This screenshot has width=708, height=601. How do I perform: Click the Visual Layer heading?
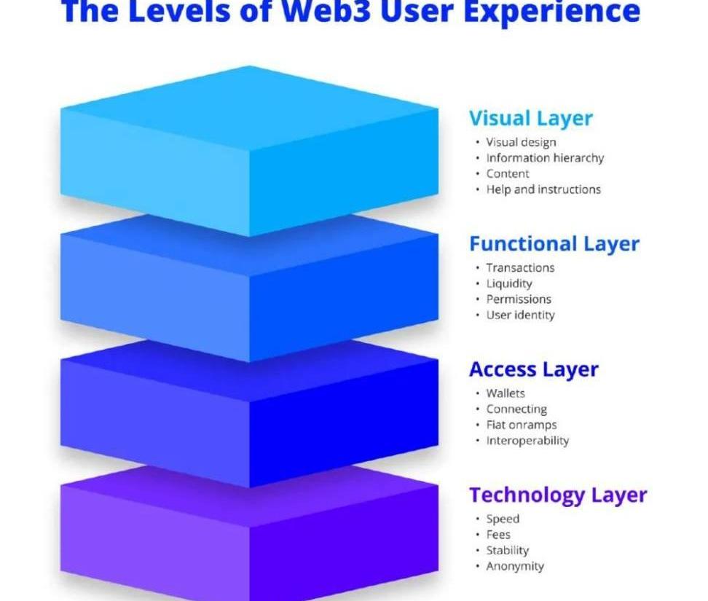(x=530, y=118)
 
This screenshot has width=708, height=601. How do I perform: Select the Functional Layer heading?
(x=554, y=243)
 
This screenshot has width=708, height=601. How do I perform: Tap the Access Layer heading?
(x=533, y=369)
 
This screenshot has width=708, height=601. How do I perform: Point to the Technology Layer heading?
(x=557, y=495)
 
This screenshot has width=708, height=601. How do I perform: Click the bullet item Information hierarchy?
(x=545, y=158)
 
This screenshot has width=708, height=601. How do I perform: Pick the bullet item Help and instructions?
(x=543, y=189)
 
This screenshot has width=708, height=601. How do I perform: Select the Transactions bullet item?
(x=520, y=268)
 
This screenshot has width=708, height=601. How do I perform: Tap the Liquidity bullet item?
(x=509, y=283)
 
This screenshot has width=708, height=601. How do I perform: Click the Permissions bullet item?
(x=519, y=299)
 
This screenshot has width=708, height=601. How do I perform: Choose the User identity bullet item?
(x=520, y=315)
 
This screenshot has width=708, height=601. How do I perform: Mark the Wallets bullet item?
(x=506, y=393)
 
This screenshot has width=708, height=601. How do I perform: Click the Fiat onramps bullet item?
(x=521, y=425)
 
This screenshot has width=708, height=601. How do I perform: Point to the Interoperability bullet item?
(x=527, y=441)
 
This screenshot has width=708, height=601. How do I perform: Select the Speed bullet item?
(x=503, y=519)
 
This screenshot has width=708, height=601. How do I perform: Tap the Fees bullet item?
(x=498, y=535)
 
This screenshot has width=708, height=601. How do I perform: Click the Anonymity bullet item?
(x=515, y=566)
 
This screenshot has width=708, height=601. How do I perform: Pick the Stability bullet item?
(x=507, y=551)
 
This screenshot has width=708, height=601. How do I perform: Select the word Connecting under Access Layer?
(x=516, y=409)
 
